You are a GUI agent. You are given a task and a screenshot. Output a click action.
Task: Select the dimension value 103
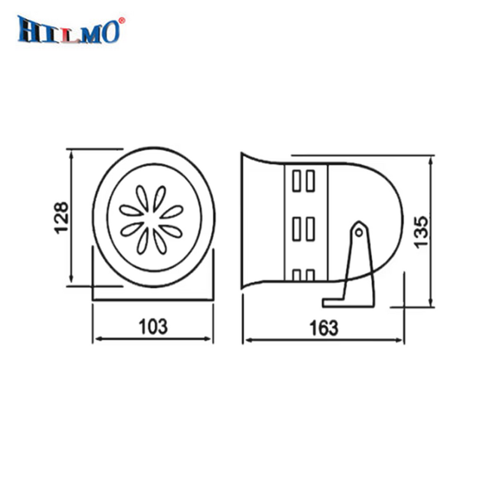tap(153, 327)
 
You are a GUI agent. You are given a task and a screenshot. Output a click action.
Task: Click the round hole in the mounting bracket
tap(359, 232)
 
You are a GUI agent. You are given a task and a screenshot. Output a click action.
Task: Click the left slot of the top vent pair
tap(297, 181)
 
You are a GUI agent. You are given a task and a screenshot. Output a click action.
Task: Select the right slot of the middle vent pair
tap(311, 230)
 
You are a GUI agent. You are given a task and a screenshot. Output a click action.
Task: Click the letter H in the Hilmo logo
tap(29, 30)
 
